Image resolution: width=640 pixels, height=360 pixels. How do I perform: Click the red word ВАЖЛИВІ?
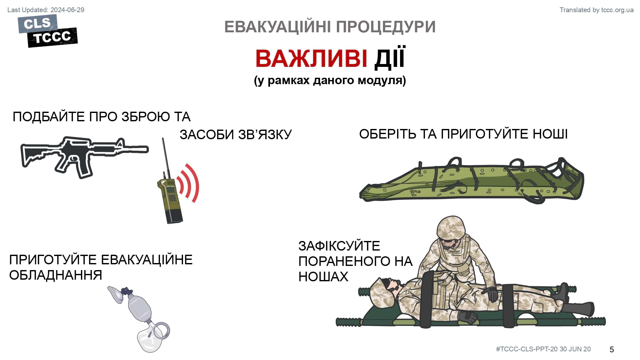pos(311,59)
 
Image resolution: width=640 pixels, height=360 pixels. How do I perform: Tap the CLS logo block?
pos(37,23)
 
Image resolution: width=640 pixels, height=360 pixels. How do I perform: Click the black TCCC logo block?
pos(52,37)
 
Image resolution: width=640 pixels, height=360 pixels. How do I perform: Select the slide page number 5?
pos(612,349)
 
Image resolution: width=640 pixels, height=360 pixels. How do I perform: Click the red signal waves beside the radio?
pos(189,183)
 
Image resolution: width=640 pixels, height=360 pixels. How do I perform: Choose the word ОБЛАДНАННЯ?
pos(56,275)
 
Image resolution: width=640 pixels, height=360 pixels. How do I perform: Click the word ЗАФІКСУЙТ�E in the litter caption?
pos(339,246)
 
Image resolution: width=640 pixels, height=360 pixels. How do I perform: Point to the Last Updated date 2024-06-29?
pos(68,10)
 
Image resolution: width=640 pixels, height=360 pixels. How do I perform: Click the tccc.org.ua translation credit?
pos(617,10)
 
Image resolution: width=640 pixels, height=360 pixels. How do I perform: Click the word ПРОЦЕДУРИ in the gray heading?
pos(386,27)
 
